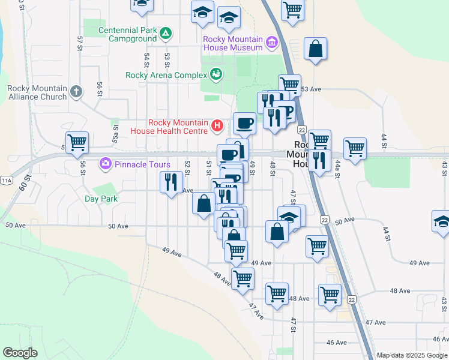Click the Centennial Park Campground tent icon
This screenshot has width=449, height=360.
[166, 33]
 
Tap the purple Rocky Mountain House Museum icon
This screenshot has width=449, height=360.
[271, 43]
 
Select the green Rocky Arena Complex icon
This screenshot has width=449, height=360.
[216, 75]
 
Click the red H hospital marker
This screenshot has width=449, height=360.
[217, 127]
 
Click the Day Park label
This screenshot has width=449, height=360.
[101, 199]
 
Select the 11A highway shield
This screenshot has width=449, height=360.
[7, 180]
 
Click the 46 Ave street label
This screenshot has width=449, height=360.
[337, 343]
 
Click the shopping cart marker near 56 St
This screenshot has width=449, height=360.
[77, 143]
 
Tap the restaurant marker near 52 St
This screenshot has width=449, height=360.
[171, 181]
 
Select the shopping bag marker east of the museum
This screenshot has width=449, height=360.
[315, 49]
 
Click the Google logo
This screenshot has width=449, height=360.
[20, 353]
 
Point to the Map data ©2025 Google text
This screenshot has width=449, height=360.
[412, 355]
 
